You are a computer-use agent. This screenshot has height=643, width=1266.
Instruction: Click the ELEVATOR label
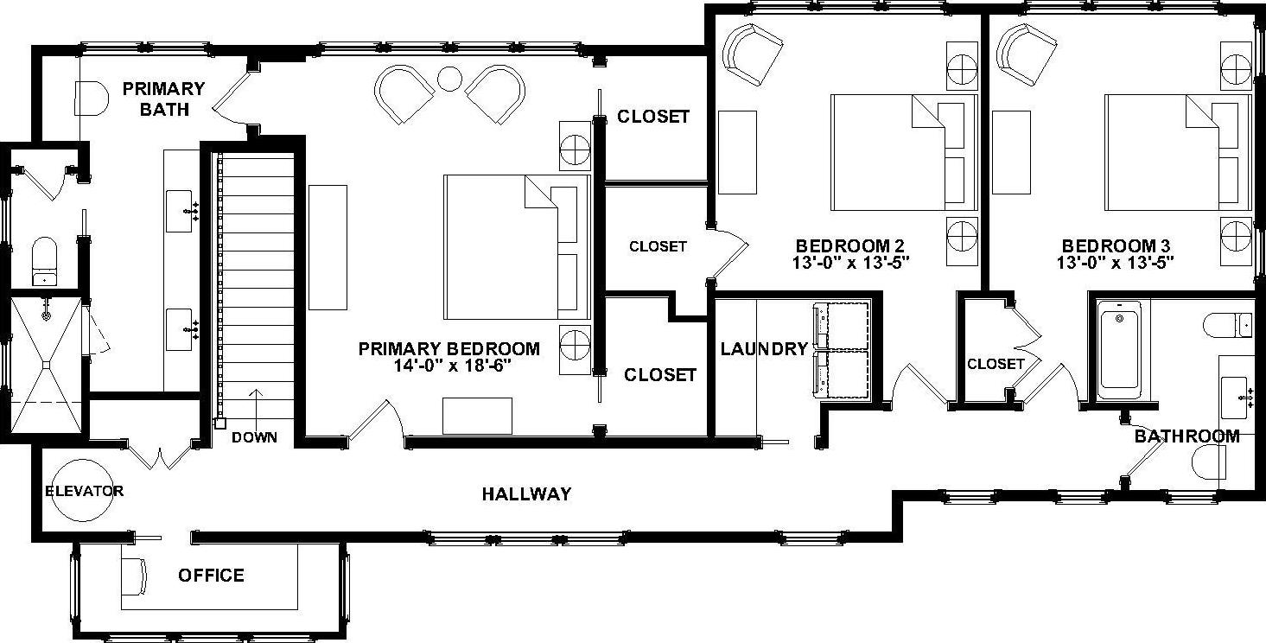(x=84, y=491)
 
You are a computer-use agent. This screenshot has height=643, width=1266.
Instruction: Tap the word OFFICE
(x=211, y=575)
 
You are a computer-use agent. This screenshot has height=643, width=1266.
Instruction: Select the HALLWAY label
(x=526, y=493)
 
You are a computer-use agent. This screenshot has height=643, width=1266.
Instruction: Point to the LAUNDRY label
(x=764, y=349)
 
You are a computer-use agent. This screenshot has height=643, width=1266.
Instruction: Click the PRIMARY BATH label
(x=163, y=99)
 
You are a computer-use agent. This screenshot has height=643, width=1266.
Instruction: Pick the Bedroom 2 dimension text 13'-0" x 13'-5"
(x=849, y=260)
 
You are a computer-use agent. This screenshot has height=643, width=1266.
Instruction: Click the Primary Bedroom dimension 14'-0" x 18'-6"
(x=449, y=365)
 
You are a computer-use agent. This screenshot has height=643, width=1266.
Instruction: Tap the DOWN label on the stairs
(x=255, y=437)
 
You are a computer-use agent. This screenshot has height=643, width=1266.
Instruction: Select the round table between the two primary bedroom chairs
(x=449, y=79)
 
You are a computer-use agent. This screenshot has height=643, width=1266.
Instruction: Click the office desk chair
(x=134, y=576)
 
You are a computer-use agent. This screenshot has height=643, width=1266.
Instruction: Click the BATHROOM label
(x=1186, y=436)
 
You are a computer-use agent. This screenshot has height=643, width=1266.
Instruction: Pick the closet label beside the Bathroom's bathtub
(x=996, y=364)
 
